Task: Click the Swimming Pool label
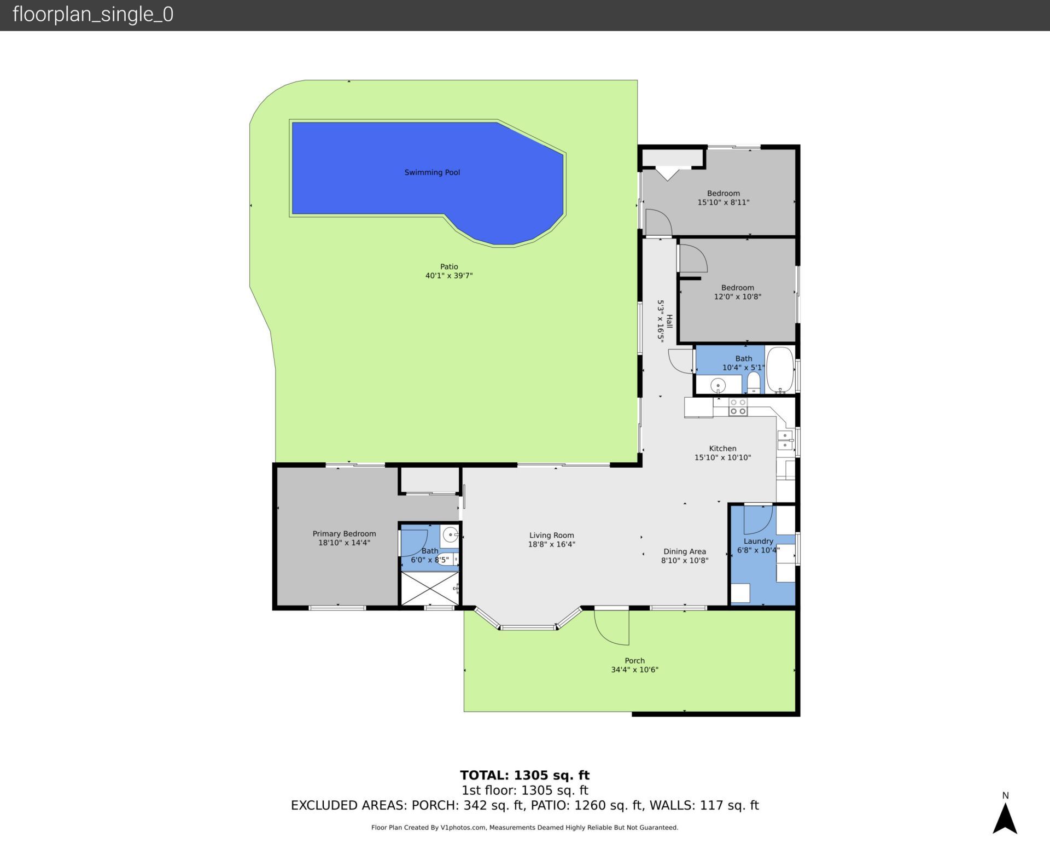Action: coord(432,172)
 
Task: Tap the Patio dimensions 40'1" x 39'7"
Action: coord(449,276)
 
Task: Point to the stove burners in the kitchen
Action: coord(738,406)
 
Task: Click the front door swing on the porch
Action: coord(611,627)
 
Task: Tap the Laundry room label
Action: coord(758,541)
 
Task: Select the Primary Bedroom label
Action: coord(344,533)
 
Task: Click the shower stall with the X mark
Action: coord(430,588)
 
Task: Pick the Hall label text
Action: coord(669,321)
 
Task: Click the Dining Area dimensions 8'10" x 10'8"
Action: coord(685,560)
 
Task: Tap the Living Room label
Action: coord(551,536)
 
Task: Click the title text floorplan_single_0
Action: coord(93,14)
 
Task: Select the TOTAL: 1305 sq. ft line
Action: coord(524,775)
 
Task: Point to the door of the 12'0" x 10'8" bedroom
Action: coord(693,259)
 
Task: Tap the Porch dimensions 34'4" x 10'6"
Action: coord(634,670)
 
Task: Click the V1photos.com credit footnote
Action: coord(524,827)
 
